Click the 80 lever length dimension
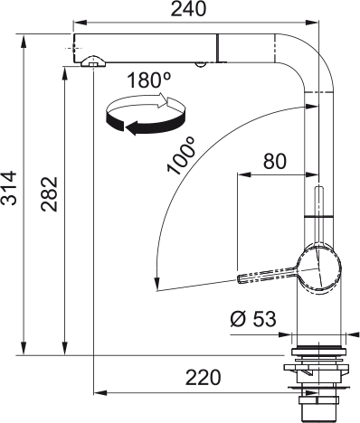click(x=275, y=162)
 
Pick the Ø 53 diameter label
click(x=248, y=319)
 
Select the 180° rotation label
click(x=147, y=80)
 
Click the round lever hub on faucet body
click(x=318, y=268)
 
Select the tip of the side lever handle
click(x=242, y=279)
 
